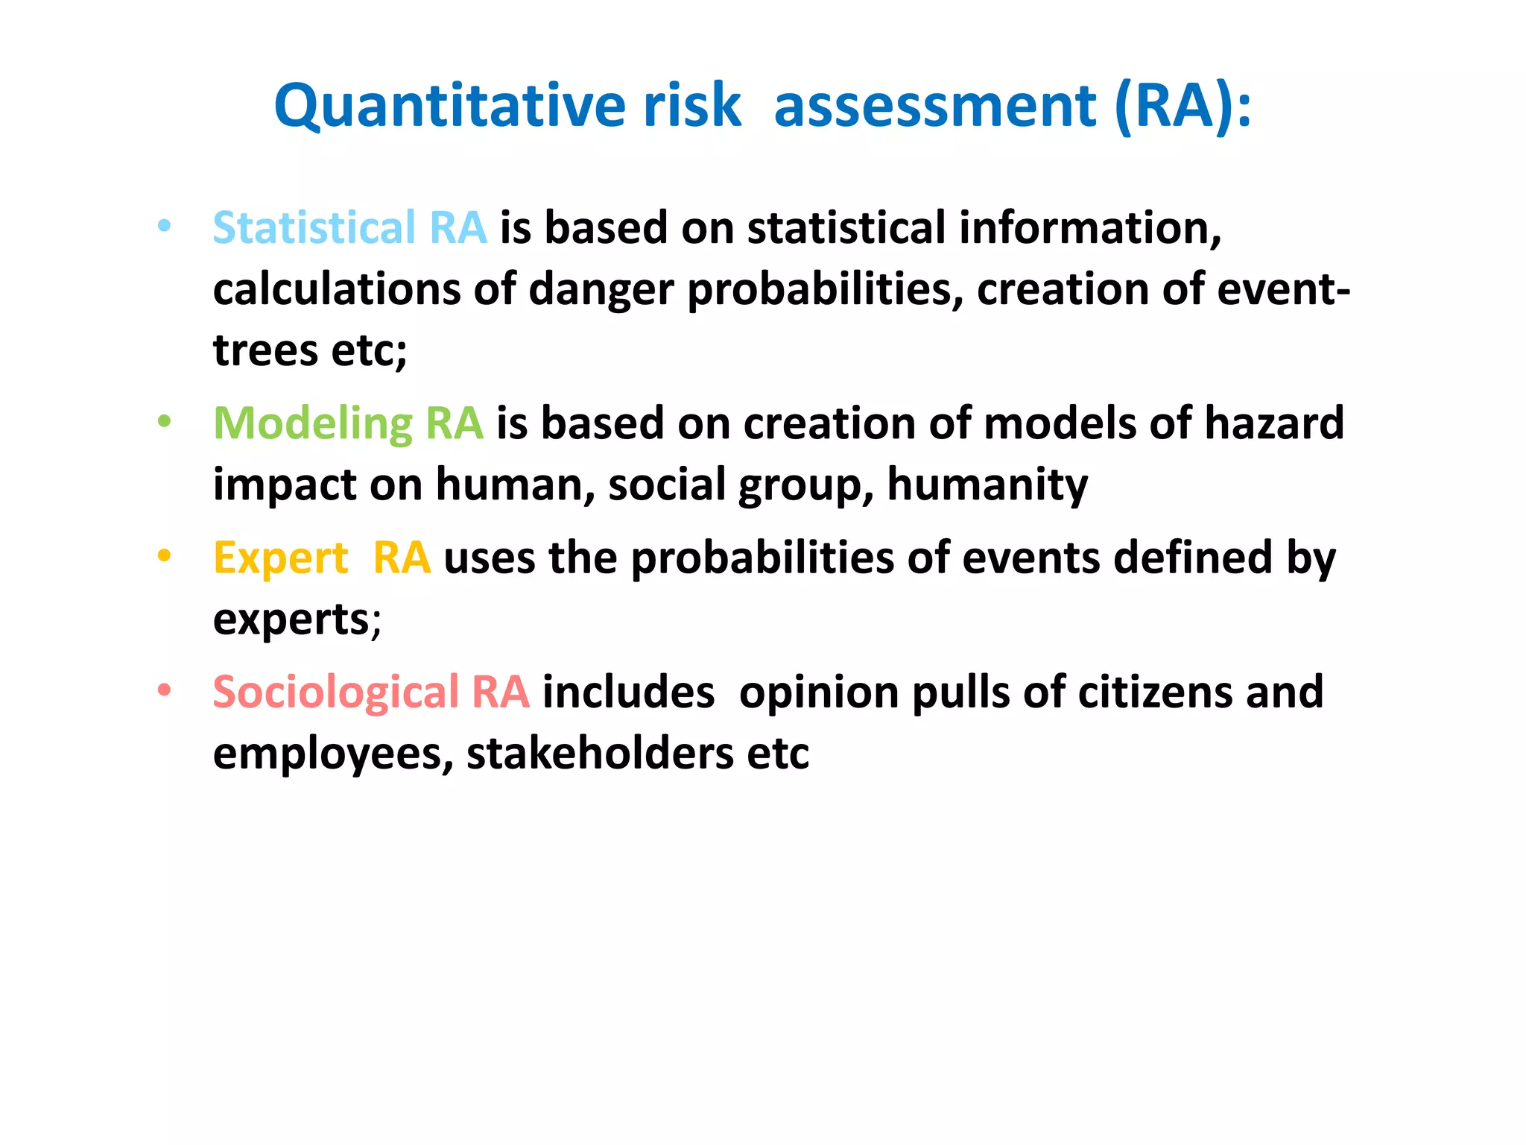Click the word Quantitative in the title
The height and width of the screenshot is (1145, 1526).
coord(450,107)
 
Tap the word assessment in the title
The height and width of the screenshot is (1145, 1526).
coord(934,107)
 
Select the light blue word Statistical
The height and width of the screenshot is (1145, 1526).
coord(314,227)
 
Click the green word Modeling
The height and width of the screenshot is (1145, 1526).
coord(312,423)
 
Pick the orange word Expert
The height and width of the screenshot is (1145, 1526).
coord(280,558)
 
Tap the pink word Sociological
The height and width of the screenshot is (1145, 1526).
coord(335,693)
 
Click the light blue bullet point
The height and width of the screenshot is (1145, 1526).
coord(165,225)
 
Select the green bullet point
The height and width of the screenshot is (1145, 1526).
coord(165,422)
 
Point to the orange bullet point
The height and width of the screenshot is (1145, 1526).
coord(165,556)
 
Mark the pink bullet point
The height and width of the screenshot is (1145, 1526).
coord(165,690)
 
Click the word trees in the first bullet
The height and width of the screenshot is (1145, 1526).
coord(265,350)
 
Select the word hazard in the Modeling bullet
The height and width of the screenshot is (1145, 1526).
coord(1273,423)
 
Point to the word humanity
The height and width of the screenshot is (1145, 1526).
coord(987,485)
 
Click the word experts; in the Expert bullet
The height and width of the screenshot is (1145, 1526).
coord(297,619)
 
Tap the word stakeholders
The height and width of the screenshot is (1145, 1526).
coord(600,754)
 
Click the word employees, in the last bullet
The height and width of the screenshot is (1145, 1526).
coord(332,754)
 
